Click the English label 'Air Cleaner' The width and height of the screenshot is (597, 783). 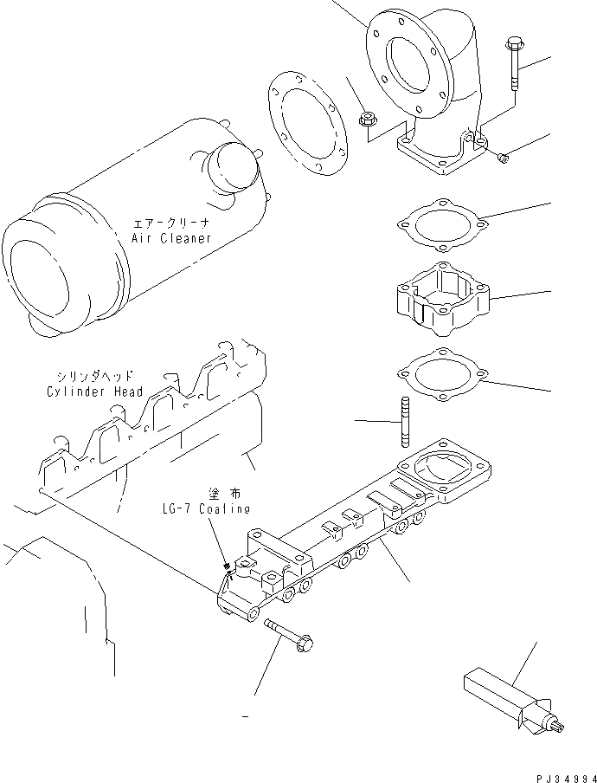[171, 238]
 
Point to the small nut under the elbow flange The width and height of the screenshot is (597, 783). [504, 156]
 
